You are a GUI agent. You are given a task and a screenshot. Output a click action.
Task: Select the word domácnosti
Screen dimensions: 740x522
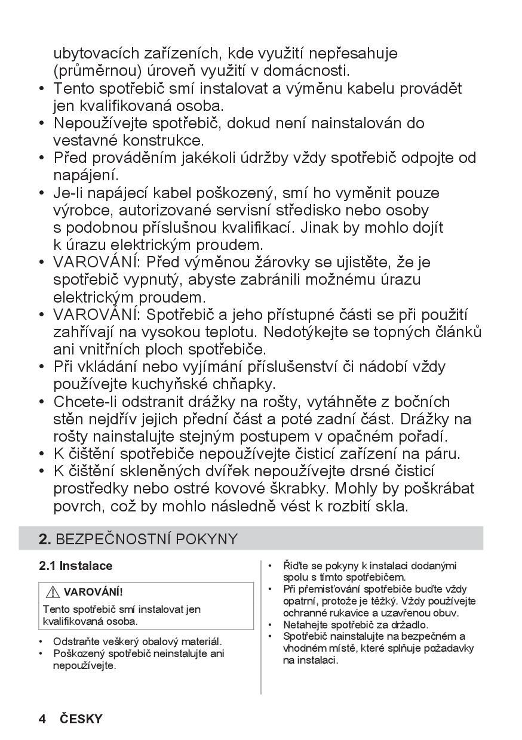(316, 71)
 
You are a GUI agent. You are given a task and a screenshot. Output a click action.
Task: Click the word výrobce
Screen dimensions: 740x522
(83, 211)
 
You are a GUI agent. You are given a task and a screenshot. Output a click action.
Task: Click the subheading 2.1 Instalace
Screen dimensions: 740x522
(76, 566)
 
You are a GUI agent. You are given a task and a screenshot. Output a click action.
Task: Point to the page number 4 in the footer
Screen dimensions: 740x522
(42, 719)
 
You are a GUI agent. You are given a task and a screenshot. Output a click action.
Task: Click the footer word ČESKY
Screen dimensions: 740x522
(81, 719)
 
